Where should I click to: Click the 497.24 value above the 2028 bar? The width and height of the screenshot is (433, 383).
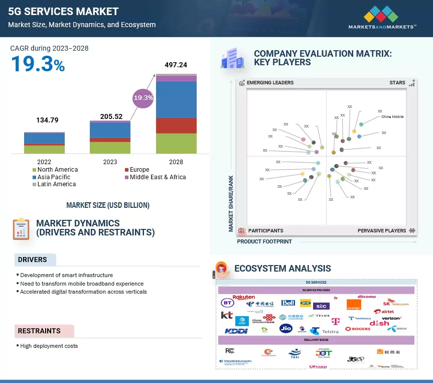point(176,65)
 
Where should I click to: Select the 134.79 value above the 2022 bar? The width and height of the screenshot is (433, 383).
point(48,120)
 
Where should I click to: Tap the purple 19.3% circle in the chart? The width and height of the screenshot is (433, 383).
point(142,97)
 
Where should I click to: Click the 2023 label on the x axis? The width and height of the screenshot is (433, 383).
point(110,162)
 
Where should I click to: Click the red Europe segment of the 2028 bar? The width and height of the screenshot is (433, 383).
point(176,125)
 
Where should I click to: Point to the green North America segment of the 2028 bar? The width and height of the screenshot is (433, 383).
point(176,143)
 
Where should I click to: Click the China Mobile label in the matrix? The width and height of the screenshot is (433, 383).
point(392,116)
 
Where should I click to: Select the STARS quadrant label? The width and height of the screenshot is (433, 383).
point(397,83)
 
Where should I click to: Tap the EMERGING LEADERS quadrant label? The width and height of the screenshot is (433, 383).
point(270,83)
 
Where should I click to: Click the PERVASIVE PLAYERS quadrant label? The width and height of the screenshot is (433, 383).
point(382,231)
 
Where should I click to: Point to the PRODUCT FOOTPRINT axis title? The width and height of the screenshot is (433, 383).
point(264,241)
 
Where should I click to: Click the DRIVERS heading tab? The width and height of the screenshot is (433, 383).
point(33,260)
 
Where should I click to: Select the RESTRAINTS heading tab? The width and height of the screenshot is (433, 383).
point(39,331)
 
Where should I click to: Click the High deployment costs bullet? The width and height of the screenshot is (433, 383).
point(49,346)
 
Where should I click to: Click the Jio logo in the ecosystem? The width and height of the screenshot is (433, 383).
point(285,329)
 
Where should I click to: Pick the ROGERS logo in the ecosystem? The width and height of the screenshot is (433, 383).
point(358,329)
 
